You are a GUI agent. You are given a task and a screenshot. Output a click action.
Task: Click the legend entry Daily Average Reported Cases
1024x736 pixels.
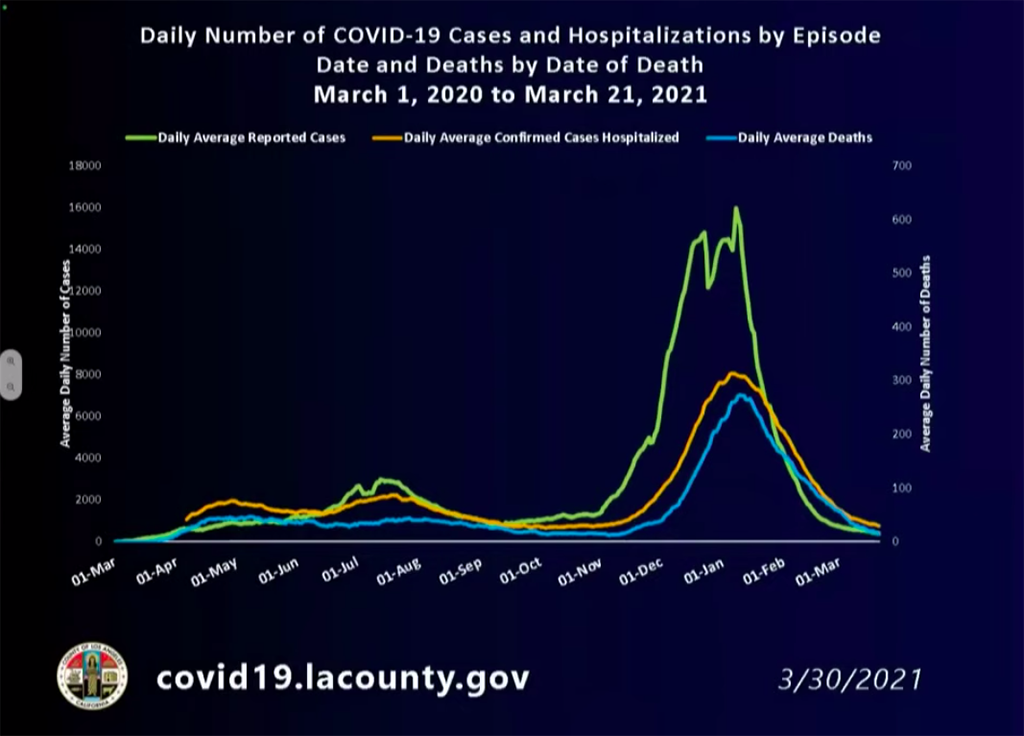pos(251,138)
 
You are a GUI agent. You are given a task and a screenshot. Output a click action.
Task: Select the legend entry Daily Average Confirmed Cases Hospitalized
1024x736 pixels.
pos(541,138)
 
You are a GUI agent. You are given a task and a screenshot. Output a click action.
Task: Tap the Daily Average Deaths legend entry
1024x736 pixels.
pos(804,138)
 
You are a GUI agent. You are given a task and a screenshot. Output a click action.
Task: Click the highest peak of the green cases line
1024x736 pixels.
pos(736,208)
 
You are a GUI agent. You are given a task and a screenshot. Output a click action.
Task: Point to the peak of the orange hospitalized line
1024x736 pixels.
pos(733,373)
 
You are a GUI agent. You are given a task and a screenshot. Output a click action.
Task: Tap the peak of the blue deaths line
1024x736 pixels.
pos(740,395)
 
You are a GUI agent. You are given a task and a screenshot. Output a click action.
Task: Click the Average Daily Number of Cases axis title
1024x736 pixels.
pos(66,352)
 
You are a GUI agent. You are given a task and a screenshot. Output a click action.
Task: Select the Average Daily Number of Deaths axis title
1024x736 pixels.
pos(925,352)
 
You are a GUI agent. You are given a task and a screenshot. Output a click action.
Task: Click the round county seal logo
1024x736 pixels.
pos(92,674)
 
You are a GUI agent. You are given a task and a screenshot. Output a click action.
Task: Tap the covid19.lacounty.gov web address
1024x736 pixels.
pos(342,678)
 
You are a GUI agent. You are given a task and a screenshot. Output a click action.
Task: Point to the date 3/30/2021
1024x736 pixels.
pos(850,679)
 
